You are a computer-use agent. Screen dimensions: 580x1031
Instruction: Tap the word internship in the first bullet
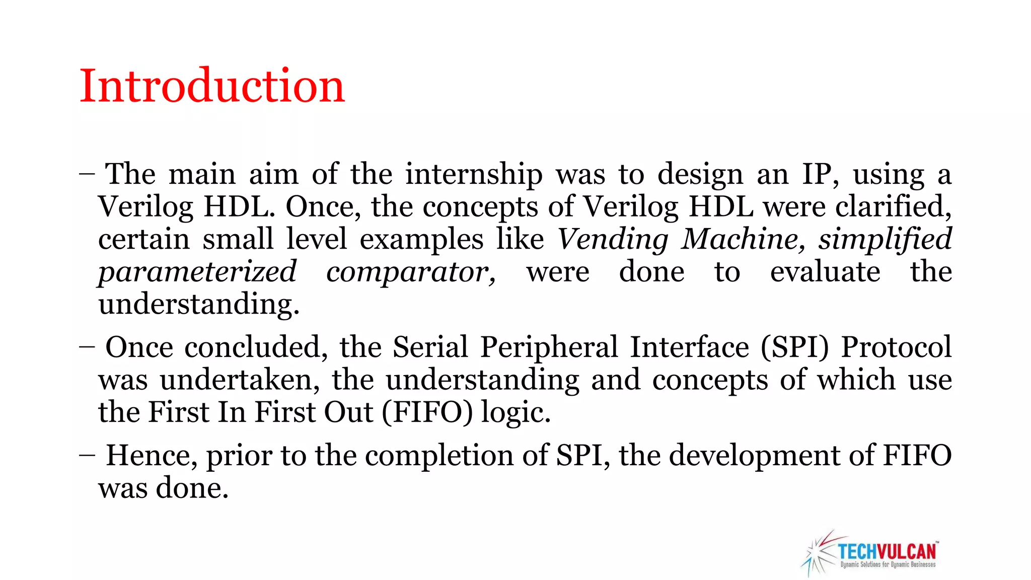coord(474,174)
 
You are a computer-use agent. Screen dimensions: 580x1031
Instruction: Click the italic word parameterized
coord(197,272)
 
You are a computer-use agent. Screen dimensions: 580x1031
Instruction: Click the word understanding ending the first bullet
coord(198,305)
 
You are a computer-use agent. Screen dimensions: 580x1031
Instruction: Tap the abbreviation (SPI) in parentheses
coord(794,347)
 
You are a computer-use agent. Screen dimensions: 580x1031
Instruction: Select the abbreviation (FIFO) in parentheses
coord(427,412)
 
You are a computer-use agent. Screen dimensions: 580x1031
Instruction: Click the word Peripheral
coord(549,347)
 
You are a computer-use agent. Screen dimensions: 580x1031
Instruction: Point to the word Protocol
coord(896,347)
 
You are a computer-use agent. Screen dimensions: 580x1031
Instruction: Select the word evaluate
coord(825,272)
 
